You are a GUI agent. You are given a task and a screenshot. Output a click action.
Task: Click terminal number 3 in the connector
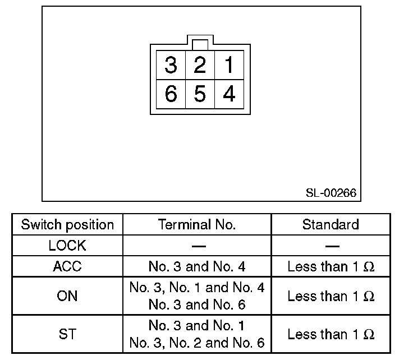(x=171, y=66)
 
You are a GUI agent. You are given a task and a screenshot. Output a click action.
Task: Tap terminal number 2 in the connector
(x=199, y=66)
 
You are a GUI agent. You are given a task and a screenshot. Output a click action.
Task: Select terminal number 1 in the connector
(x=229, y=66)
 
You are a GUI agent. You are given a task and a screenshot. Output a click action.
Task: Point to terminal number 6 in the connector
(x=171, y=94)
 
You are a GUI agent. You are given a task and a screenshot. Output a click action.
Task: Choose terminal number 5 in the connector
(x=199, y=94)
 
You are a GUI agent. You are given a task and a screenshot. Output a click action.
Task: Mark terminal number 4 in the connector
(x=229, y=94)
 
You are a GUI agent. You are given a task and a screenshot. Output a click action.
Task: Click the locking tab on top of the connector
(x=200, y=44)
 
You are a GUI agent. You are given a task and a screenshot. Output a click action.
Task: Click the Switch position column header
(x=67, y=225)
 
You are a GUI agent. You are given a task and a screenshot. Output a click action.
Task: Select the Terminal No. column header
(x=197, y=225)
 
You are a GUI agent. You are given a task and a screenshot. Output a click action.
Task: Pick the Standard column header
(x=331, y=225)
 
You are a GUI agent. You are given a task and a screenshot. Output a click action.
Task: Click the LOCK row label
(x=67, y=246)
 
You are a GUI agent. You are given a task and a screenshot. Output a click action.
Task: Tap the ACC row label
(x=67, y=266)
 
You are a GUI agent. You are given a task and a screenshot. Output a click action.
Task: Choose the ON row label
(x=67, y=296)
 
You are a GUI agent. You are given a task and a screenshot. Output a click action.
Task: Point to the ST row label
(x=67, y=334)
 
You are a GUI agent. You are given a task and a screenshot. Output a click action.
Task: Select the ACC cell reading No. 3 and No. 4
(x=197, y=266)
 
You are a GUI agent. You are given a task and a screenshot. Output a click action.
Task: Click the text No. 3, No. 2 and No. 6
(x=197, y=343)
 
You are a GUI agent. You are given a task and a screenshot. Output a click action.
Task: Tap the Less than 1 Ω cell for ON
(x=331, y=296)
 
